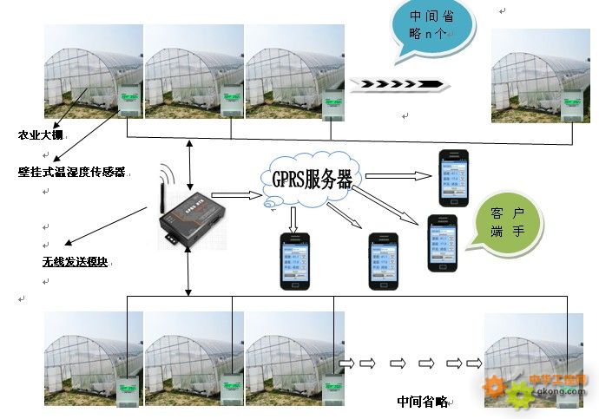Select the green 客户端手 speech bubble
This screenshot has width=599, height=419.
coord(506,224)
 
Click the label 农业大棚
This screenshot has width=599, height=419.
coord(41,135)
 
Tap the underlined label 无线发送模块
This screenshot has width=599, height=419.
coord(75,260)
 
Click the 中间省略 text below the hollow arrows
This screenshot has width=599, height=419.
coord(422,402)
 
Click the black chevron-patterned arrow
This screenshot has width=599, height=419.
coord(399,84)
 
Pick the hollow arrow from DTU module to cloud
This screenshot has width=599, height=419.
coord(236,196)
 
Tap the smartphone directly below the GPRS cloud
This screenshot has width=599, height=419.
coord(294,260)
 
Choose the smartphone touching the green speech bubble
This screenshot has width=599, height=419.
coord(442,242)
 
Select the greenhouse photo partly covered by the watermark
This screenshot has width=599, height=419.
coord(532,359)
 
